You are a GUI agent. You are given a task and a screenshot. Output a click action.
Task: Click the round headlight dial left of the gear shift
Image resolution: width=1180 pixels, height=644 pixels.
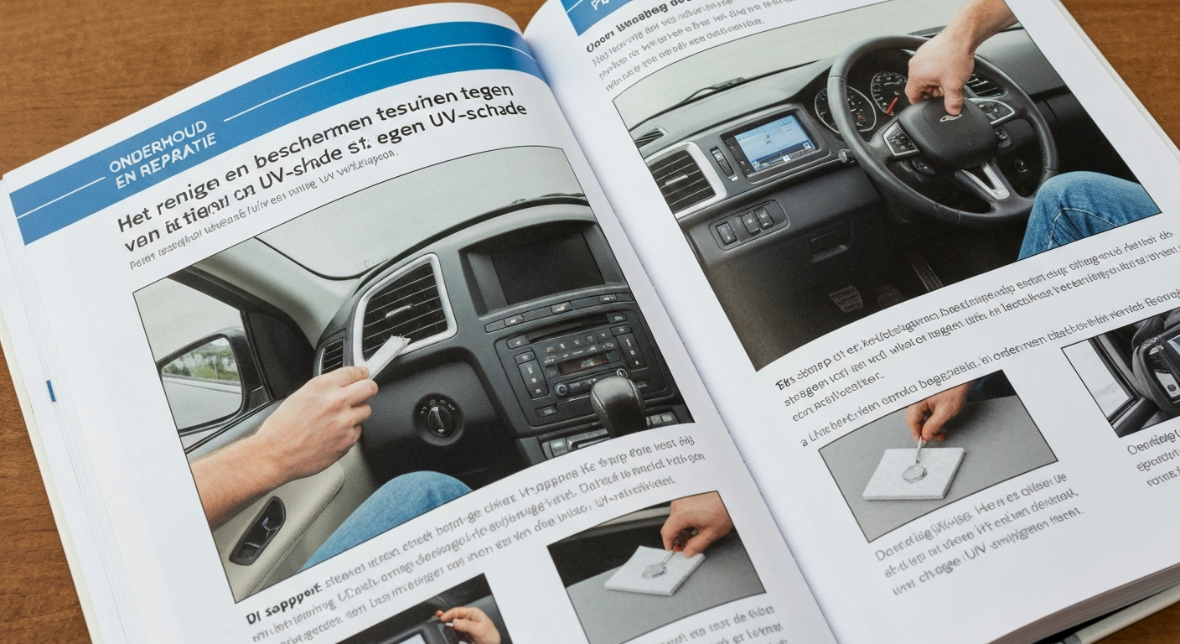point(438,417)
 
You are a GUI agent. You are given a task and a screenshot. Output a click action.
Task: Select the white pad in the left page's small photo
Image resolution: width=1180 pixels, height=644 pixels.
point(654,570)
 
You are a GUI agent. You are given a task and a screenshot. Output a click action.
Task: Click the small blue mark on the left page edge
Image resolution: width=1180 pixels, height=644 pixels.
point(51,390)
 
